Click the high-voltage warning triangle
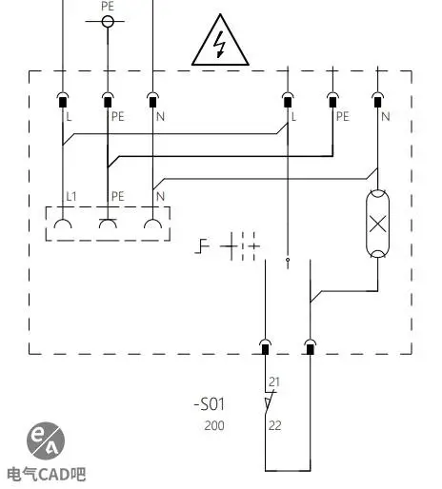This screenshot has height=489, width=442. coord(220,41)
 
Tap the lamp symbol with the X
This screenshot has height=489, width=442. coord(377,224)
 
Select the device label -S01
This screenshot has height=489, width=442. coord(210,404)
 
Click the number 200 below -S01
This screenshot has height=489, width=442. coord(214,425)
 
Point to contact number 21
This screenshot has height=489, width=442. coord(274,381)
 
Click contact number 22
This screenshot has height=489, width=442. coord(275,425)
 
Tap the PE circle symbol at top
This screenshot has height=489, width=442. coord(108,22)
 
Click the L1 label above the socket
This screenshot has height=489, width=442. coord(71,196)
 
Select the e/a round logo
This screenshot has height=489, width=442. coord(46,440)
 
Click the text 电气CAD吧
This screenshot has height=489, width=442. coord(47,474)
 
